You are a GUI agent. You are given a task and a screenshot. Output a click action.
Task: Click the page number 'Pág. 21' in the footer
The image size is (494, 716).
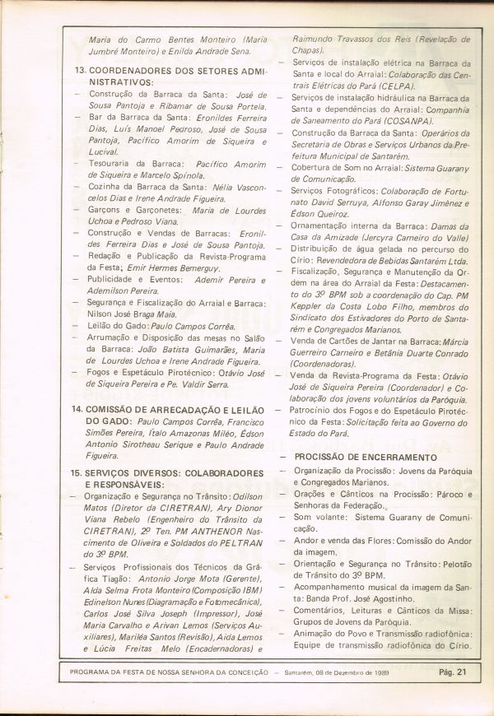click(x=452, y=672)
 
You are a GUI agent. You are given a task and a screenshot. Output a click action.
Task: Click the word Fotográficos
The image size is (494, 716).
click(x=351, y=190)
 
